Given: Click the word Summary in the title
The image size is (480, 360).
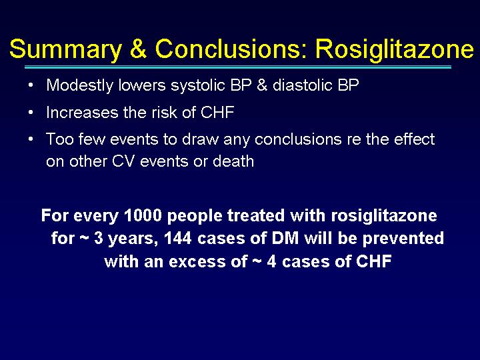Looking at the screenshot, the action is pyautogui.click(x=65, y=49).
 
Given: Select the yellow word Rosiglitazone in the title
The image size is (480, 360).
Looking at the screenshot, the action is pyautogui.click(x=395, y=49).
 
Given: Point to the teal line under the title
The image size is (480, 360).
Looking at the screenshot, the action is pyautogui.click(x=238, y=67).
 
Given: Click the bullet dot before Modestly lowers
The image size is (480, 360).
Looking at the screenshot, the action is pyautogui.click(x=30, y=85).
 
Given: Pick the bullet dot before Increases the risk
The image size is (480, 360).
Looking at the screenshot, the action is pyautogui.click(x=30, y=113).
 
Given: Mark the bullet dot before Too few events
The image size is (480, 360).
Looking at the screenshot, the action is pyautogui.click(x=30, y=139).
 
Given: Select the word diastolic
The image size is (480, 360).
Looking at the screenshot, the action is pyautogui.click(x=303, y=85).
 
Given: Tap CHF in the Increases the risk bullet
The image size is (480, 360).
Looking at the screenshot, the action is pyautogui.click(x=217, y=113).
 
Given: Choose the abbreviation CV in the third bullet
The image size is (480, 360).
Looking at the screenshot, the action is pyautogui.click(x=123, y=161).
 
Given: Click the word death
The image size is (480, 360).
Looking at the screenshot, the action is pyautogui.click(x=233, y=161).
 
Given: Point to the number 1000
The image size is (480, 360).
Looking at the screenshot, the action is pyautogui.click(x=143, y=215).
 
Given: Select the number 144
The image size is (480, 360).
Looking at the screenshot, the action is pyautogui.click(x=178, y=238).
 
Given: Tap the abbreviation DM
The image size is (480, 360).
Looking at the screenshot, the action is pyautogui.click(x=285, y=238).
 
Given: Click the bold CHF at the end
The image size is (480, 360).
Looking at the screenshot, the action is pyautogui.click(x=374, y=261).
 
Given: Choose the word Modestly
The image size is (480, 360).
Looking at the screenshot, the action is pyautogui.click(x=79, y=85).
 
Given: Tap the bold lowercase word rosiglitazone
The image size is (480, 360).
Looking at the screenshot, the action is pyautogui.click(x=384, y=216).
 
